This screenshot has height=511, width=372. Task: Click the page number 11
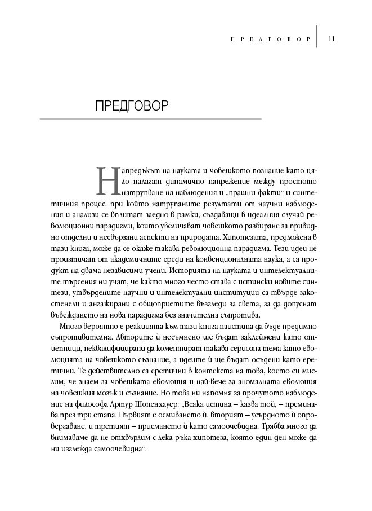[x=331, y=39]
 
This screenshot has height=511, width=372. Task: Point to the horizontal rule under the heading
[x=151, y=119]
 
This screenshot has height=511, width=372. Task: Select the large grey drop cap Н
[x=106, y=178]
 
